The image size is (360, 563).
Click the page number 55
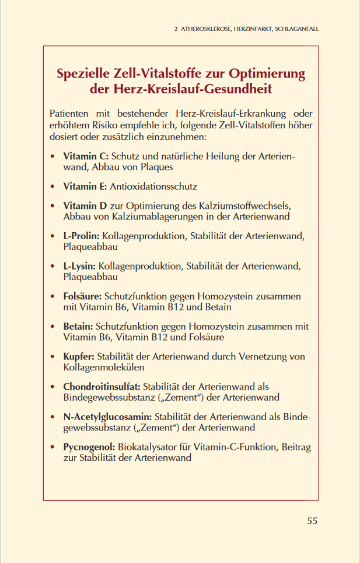click(312, 520)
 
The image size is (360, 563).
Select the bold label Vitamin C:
click(86, 156)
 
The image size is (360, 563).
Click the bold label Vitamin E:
click(85, 187)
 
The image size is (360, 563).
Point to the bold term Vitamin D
click(85, 207)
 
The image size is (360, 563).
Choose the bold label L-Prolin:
click(82, 236)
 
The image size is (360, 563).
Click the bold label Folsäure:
click(82, 296)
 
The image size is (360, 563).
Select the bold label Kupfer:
click(79, 357)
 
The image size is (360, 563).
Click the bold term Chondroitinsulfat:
click(102, 387)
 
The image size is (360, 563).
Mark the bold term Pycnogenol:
click(89, 447)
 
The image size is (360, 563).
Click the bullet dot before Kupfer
click(54, 357)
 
